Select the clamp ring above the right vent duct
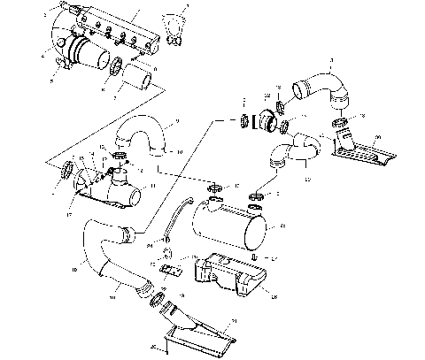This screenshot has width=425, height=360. click(339, 122)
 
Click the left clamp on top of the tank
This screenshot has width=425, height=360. click(215, 188)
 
